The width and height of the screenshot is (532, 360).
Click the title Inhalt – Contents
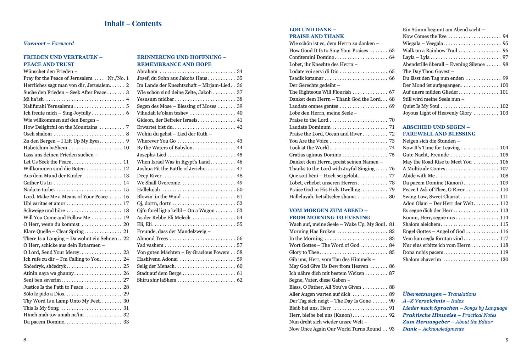[133, 24]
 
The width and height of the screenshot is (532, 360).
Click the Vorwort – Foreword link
[49, 43]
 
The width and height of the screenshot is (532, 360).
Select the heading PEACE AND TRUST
[49, 64]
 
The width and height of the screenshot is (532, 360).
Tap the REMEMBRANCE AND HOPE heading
[174, 64]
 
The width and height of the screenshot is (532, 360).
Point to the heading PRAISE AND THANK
[316, 36]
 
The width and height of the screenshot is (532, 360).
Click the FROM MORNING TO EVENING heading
[329, 217]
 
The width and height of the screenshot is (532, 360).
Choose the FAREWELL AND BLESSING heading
[439, 134]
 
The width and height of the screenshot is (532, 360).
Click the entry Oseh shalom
[38, 134]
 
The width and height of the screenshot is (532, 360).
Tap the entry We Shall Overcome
[159, 183]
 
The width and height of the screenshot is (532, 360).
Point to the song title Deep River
[149, 176]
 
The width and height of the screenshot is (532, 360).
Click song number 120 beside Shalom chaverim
[504, 259]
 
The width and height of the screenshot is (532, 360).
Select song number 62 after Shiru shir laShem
[239, 280]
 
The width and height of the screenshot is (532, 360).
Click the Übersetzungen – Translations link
[439, 294]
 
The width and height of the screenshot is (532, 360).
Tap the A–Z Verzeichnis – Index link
[433, 301]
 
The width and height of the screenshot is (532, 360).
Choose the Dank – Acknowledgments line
[433, 329]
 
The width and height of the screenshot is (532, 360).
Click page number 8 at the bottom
[25, 340]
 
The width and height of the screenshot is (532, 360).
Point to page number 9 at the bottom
[507, 340]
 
